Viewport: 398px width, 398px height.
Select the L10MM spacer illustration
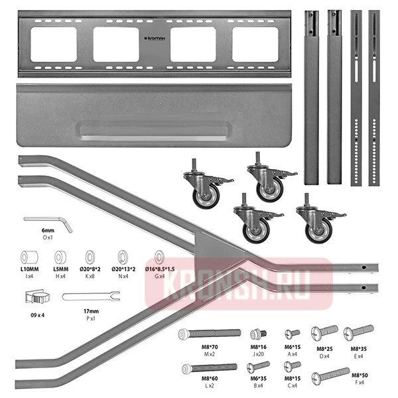point(29,257)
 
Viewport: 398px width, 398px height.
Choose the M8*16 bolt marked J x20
point(258,334)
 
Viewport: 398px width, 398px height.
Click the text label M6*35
point(258,378)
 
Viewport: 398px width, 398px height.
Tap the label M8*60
point(212,378)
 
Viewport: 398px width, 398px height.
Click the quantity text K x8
point(91,276)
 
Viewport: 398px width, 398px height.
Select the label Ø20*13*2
point(123,269)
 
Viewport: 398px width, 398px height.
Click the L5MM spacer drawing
point(60,257)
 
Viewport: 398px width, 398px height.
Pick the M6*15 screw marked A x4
point(293,333)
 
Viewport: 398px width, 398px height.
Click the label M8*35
point(359,347)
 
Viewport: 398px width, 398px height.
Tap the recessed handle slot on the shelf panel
point(151,129)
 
